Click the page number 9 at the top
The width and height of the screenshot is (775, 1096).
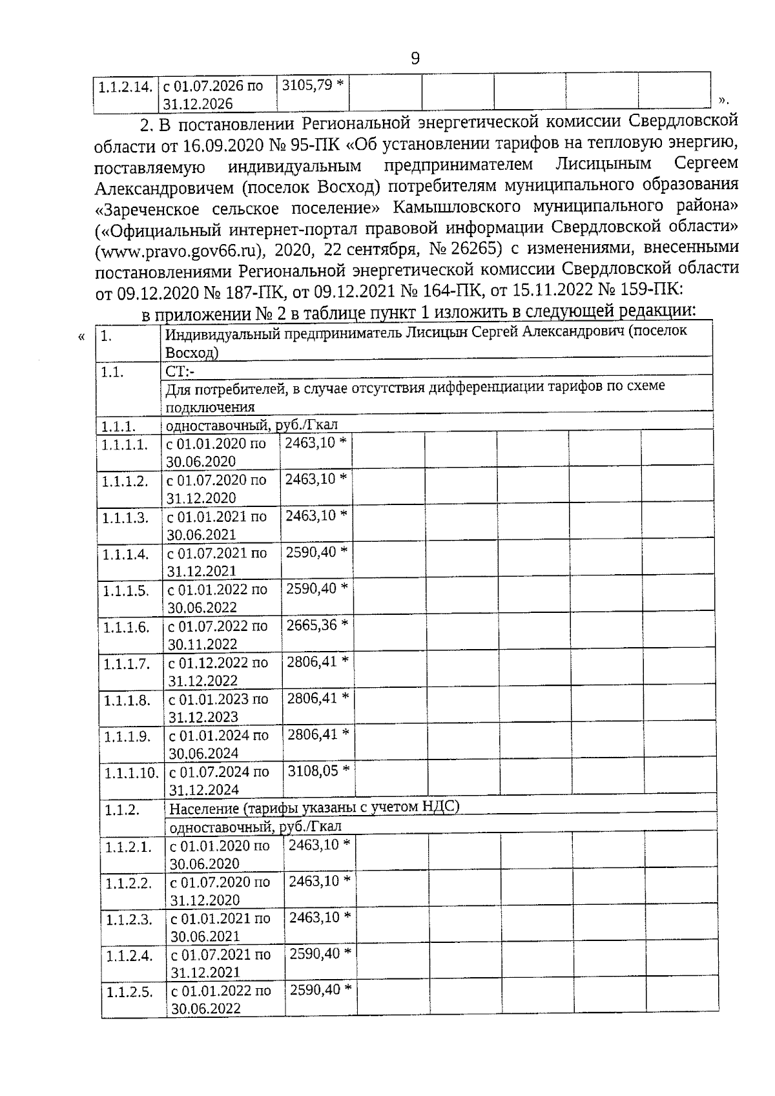415,59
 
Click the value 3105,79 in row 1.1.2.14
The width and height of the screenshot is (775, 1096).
307,85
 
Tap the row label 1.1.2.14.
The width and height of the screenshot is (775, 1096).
125,86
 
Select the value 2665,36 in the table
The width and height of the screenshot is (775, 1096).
311,625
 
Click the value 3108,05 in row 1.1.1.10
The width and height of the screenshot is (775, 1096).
313,770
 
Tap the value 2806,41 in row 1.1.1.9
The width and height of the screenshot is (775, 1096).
313,734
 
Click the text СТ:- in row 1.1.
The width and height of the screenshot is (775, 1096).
181,371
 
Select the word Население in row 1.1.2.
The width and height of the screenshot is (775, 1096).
203,807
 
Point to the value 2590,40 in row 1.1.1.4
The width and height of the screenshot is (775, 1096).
311,552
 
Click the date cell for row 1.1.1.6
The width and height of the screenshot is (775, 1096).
218,635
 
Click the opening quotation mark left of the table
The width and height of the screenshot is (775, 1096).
81,336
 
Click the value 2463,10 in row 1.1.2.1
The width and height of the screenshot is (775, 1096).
314,845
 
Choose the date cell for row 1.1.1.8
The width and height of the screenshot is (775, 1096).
218,708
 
